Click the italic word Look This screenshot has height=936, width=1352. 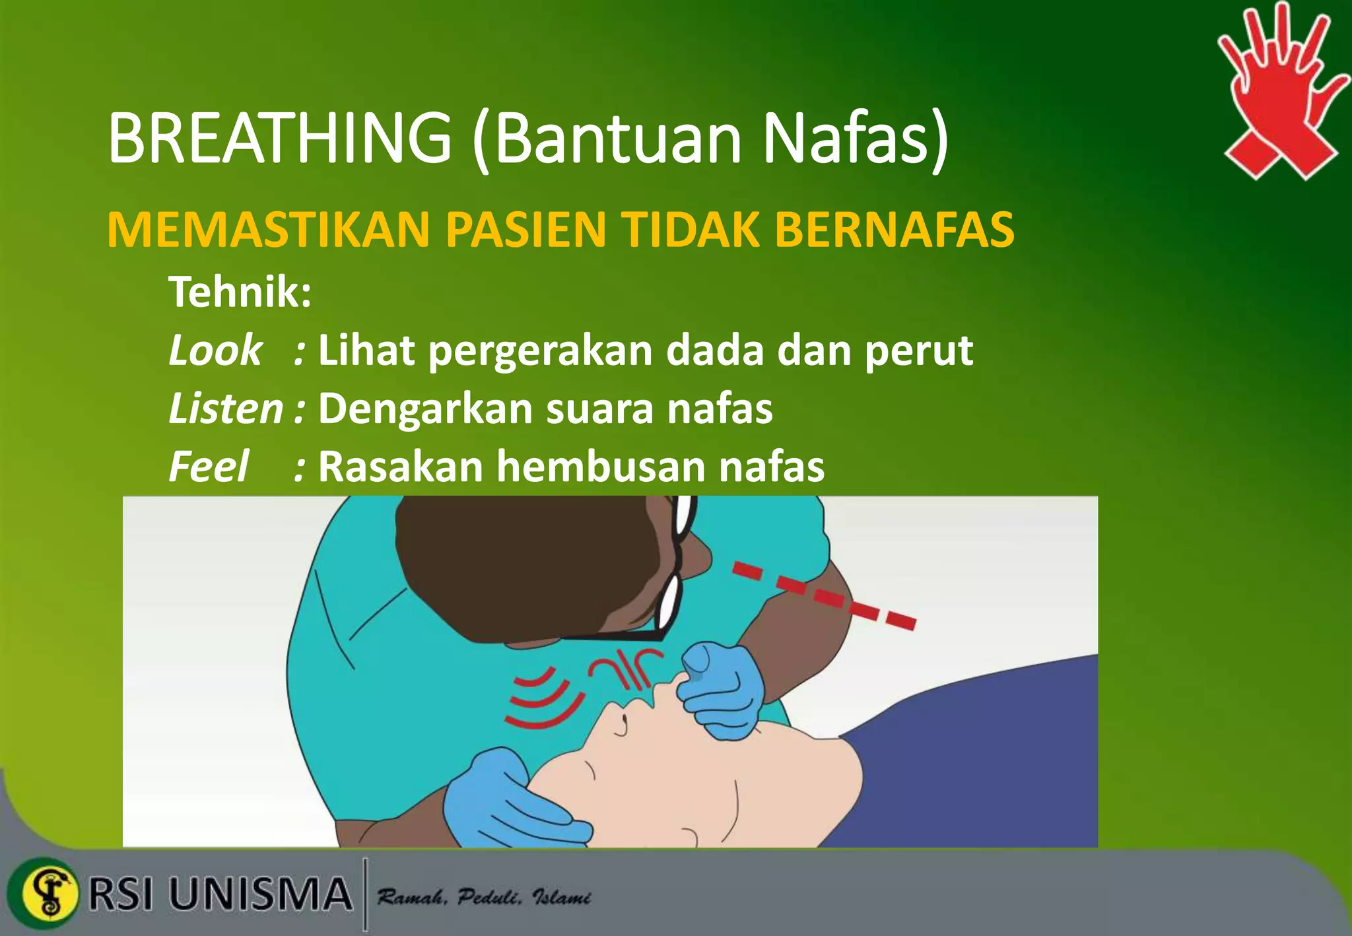(215, 350)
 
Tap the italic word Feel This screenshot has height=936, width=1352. (209, 467)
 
